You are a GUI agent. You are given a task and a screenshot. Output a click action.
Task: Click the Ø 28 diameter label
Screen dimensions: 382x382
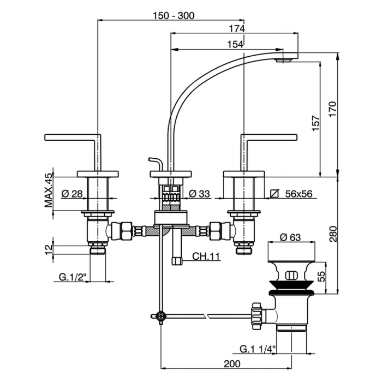pyautogui.click(x=72, y=194)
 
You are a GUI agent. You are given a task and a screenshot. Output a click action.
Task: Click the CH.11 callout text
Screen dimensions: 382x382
pyautogui.click(x=206, y=255)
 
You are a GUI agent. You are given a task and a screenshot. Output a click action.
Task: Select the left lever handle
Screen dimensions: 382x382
pyautogui.click(x=72, y=136)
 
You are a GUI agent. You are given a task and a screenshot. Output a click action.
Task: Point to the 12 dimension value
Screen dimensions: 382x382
pyautogui.click(x=48, y=249)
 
